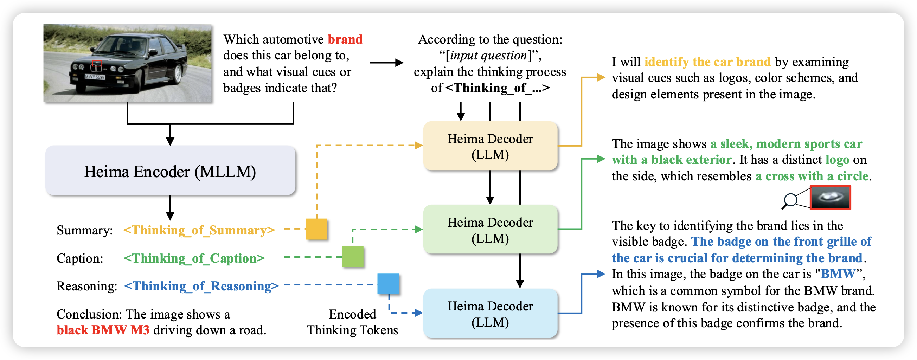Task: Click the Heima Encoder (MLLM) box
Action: (170, 171)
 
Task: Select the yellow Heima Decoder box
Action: (490, 146)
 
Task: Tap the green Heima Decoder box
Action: (490, 230)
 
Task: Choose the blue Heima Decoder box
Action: (490, 313)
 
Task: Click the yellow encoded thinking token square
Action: (316, 229)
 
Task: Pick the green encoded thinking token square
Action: (352, 256)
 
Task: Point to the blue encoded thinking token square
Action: (388, 284)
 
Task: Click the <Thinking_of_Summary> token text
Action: (199, 230)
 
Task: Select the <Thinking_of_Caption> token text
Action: (194, 258)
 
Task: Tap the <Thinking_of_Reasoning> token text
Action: (201, 286)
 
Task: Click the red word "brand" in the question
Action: (345, 39)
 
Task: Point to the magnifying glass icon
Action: (790, 200)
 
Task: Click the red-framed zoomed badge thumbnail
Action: (830, 197)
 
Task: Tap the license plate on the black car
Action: (95, 77)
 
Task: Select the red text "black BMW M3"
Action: (103, 330)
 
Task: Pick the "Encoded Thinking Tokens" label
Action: (352, 322)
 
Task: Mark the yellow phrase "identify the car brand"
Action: (707, 62)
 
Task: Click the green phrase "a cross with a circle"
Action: (812, 176)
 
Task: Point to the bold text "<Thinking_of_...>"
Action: (497, 88)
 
